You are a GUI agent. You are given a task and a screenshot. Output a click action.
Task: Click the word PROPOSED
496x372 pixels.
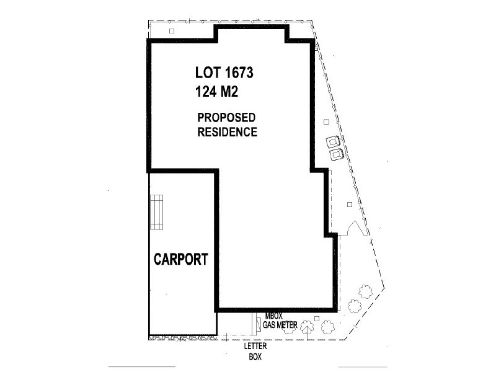(x=226, y=118)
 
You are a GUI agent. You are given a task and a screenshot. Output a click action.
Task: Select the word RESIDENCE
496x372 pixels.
(x=227, y=132)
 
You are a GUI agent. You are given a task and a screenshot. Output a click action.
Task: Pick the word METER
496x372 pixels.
(x=289, y=324)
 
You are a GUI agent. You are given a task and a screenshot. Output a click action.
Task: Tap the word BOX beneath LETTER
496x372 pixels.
(x=254, y=357)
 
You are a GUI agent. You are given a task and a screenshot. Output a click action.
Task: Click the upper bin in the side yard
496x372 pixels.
(x=334, y=141)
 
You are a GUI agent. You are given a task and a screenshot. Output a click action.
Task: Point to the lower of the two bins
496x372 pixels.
(x=336, y=153)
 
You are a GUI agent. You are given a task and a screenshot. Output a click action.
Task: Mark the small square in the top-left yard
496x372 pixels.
(x=172, y=30)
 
